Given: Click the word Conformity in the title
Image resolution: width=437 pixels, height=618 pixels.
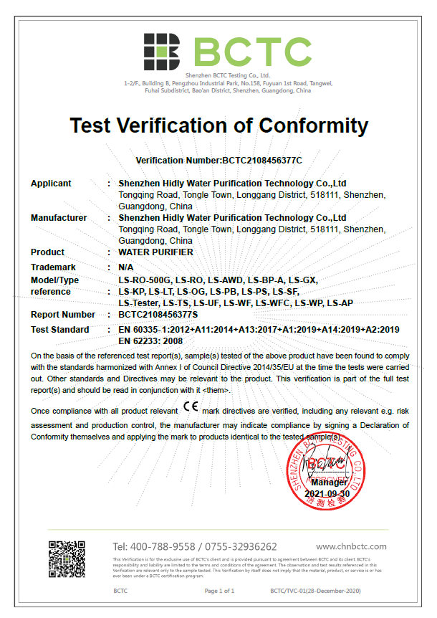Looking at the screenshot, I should [313, 125].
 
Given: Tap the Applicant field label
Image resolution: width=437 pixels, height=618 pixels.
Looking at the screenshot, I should [51, 184].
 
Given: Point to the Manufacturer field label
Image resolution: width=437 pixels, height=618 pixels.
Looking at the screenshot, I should [59, 218].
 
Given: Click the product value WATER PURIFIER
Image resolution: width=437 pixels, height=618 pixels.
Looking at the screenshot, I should [155, 252].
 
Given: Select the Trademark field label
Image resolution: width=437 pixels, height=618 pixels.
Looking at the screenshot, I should [54, 266].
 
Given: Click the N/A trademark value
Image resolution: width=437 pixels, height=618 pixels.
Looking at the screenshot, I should [126, 266].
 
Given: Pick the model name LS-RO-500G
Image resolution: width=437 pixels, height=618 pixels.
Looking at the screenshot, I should [145, 280].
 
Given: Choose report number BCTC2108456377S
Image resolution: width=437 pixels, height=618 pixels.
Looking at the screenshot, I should [158, 315].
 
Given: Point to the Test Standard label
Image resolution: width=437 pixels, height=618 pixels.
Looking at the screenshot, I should [60, 330].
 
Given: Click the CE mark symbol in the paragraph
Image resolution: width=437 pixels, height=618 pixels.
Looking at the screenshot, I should [191, 407].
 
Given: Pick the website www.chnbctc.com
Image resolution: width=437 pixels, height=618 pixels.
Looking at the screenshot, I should [351, 546].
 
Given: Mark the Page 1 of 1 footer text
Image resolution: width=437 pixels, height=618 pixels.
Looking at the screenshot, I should [219, 591].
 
